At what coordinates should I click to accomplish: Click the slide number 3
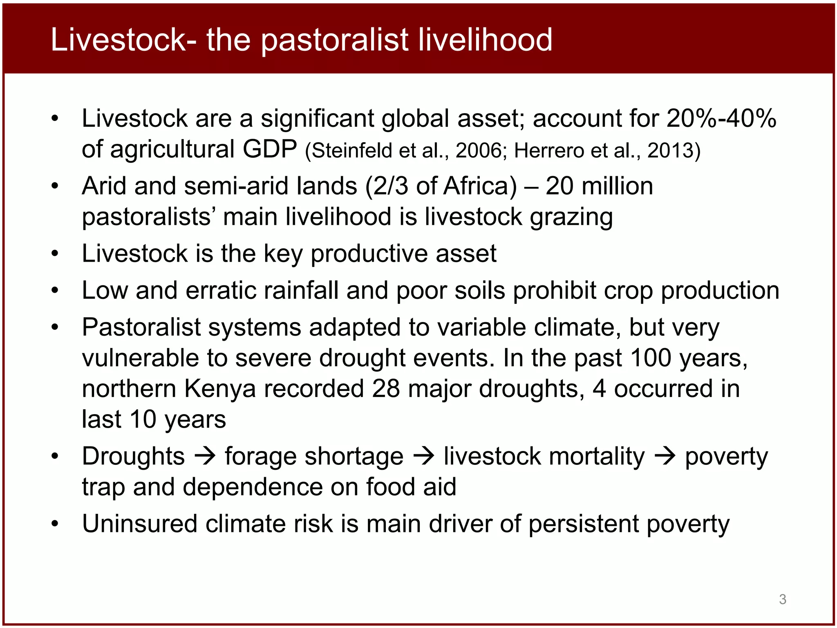tap(782, 599)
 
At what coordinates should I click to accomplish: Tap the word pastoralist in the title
tap(334, 40)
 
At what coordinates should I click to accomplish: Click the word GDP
tap(270, 149)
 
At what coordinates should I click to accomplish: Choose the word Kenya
tap(220, 388)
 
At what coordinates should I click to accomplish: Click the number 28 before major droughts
tap(385, 388)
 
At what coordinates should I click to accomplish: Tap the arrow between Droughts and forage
tap(205, 456)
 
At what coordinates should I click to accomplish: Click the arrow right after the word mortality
tap(665, 456)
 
